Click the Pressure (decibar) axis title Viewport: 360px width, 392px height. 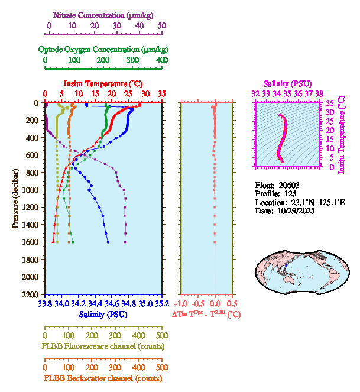(15, 198)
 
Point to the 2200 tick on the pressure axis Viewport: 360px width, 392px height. (31, 294)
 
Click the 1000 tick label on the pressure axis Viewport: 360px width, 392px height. (31, 190)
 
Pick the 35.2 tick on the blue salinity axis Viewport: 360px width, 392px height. (160, 304)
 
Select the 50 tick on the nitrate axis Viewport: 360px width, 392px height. (162, 25)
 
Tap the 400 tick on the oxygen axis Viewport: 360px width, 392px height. (162, 60)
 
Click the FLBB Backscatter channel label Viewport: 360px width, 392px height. (103, 378)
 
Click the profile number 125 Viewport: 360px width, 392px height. (290, 193)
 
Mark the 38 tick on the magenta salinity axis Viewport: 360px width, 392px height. (319, 93)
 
